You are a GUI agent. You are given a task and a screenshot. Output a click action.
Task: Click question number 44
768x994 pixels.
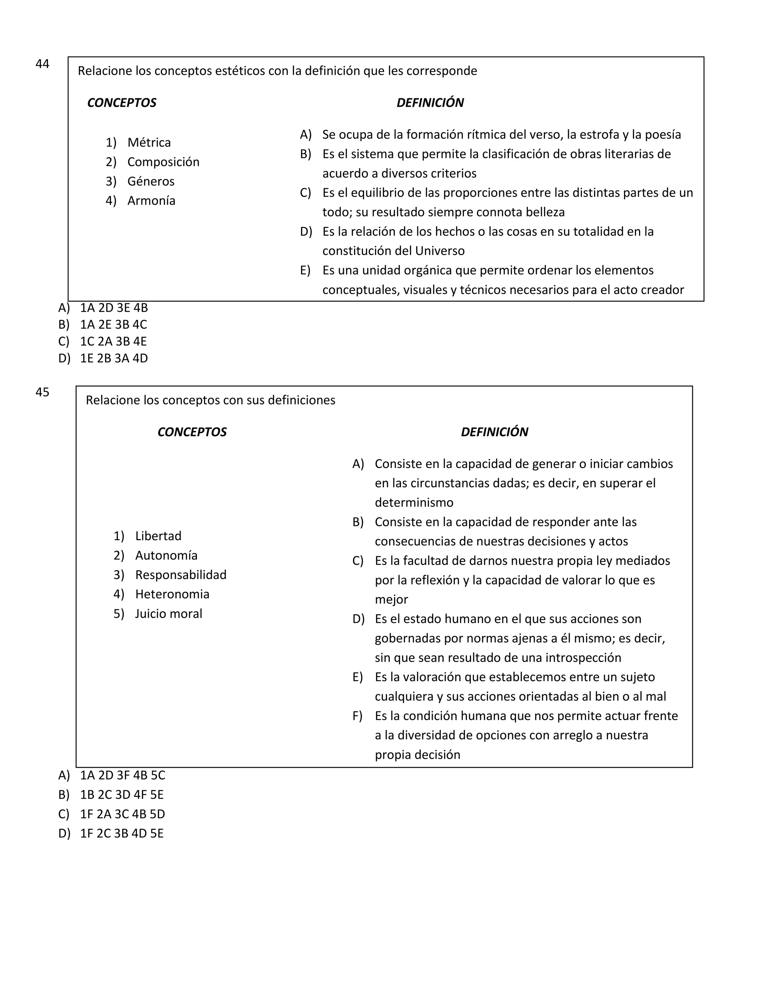click(x=42, y=64)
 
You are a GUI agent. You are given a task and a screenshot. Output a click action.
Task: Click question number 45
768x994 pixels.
click(x=42, y=392)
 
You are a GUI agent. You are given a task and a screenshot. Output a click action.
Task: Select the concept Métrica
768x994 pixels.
click(x=149, y=143)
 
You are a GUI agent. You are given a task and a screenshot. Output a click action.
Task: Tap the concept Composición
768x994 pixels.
click(x=163, y=162)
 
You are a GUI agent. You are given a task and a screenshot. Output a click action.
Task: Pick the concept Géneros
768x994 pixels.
click(x=151, y=182)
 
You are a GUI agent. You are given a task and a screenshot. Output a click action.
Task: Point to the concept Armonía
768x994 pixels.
click(x=151, y=201)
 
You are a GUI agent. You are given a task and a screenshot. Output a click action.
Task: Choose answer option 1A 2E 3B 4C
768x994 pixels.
click(x=113, y=324)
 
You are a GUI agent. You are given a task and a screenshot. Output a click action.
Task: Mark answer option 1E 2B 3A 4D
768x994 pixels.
click(x=114, y=358)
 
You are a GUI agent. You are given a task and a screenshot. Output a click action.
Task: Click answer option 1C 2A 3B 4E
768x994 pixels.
click(x=113, y=341)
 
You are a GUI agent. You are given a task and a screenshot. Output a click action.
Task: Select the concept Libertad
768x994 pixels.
click(x=158, y=536)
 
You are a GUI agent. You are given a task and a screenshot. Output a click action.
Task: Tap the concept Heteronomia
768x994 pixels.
click(x=172, y=595)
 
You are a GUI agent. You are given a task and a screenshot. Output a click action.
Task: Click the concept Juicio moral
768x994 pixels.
click(x=168, y=614)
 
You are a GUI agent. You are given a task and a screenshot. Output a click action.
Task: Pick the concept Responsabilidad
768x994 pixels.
click(x=181, y=575)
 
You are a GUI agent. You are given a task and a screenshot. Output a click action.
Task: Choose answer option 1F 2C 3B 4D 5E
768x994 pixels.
click(x=121, y=833)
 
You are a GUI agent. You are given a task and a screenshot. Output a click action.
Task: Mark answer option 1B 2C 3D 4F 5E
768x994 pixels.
click(x=121, y=795)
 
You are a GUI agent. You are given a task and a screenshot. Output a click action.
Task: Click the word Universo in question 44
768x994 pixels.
click(x=439, y=251)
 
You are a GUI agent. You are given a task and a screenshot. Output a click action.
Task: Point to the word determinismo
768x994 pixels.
click(x=414, y=503)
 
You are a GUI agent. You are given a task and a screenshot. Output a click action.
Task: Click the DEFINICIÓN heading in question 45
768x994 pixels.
click(x=494, y=432)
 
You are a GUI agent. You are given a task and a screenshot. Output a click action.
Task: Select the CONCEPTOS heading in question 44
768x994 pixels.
click(x=121, y=103)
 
